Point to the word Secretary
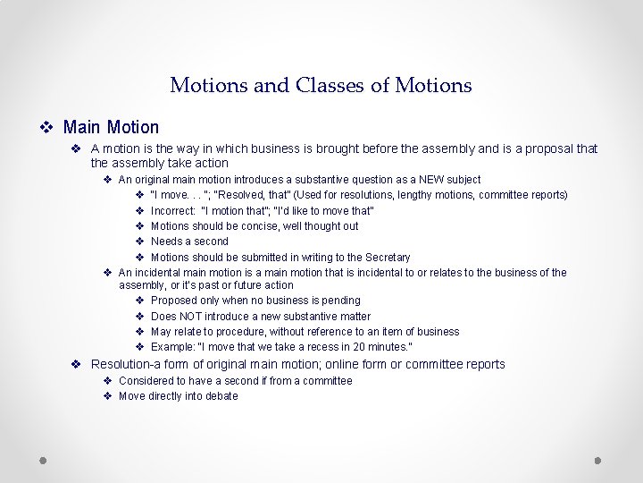[388, 258]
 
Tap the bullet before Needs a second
[140, 241]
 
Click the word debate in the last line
[221, 396]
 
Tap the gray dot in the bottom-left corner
[43, 460]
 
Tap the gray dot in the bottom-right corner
[598, 460]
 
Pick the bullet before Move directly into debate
[107, 396]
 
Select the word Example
[172, 347]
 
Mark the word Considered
[146, 381]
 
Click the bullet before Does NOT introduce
[140, 317]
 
